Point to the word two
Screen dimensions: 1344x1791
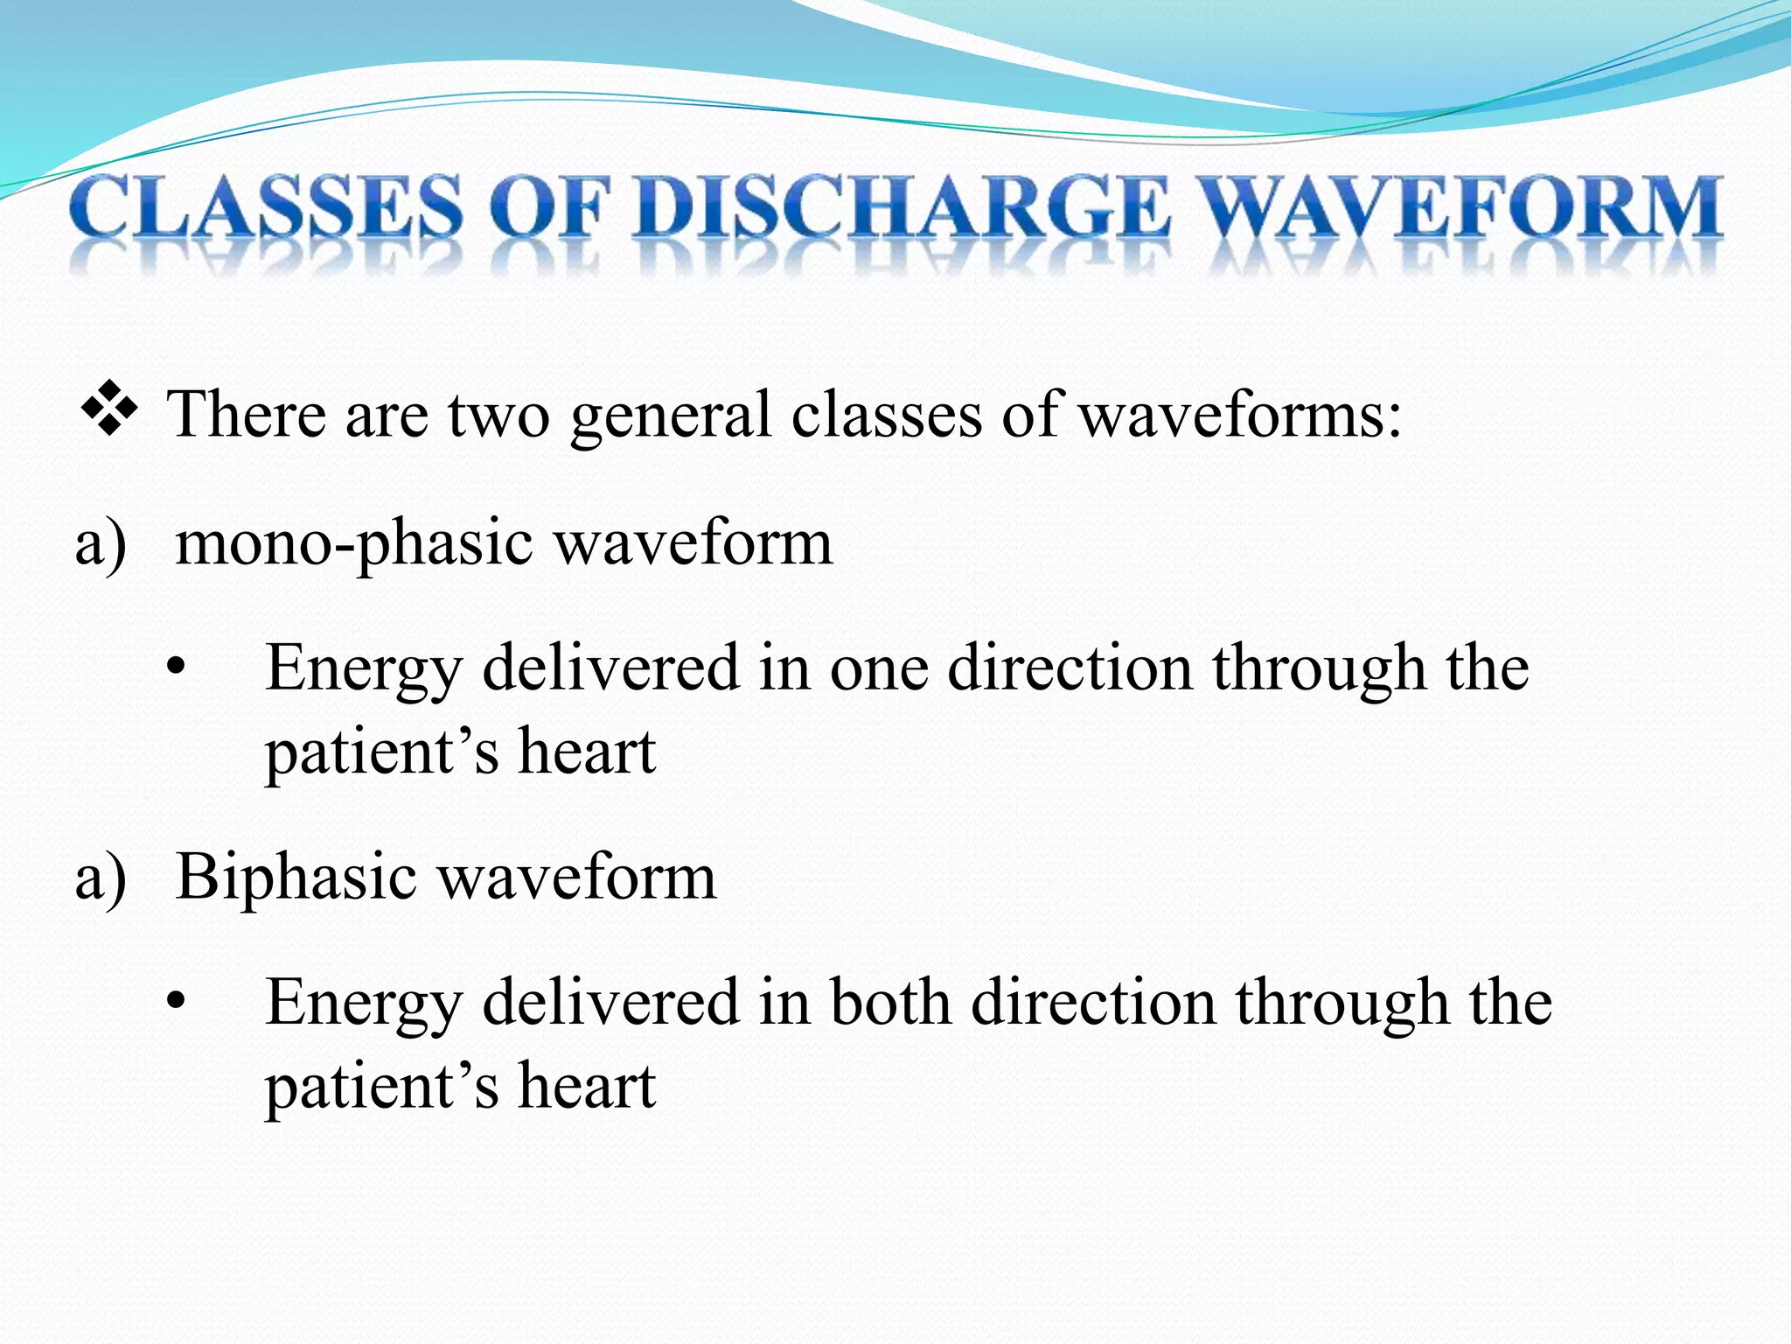[x=498, y=415]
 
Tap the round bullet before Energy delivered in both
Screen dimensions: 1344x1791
[x=177, y=1003]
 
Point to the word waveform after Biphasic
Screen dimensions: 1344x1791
[x=576, y=878]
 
